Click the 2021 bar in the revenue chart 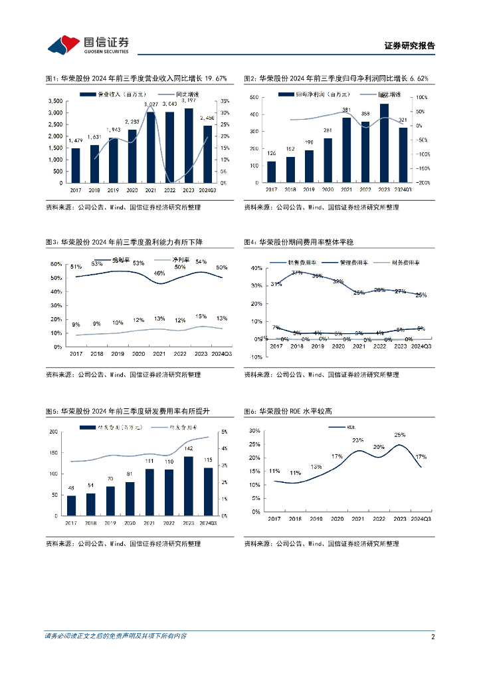click(x=151, y=147)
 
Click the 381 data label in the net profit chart click(x=346, y=110)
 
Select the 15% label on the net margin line click(x=201, y=316)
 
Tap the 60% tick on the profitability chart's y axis click(x=56, y=264)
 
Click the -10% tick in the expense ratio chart click(x=256, y=357)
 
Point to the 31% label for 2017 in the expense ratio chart click(x=276, y=285)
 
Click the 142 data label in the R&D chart click(x=189, y=450)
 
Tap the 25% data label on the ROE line click(x=399, y=435)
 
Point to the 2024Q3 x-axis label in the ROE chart click(x=421, y=519)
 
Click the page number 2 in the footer click(x=433, y=636)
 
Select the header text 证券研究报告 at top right click(x=410, y=46)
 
